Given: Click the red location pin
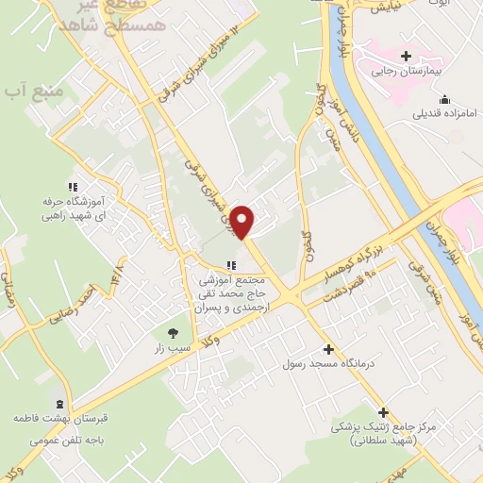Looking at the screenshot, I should point(243,221).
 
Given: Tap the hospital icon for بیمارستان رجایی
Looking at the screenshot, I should point(406,56).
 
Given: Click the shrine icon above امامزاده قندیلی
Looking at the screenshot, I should point(445,100).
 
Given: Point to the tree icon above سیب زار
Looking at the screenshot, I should point(173,332).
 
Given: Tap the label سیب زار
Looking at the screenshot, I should point(173,348).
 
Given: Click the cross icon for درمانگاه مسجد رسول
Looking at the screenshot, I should point(327,348).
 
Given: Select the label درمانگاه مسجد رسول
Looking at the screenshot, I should point(327,363).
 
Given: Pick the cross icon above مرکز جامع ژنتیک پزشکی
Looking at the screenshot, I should point(383,412).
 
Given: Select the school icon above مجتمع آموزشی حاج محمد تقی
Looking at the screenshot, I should point(231,264).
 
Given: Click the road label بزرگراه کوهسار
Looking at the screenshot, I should point(359,253).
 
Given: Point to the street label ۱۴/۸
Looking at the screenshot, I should point(118,275).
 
